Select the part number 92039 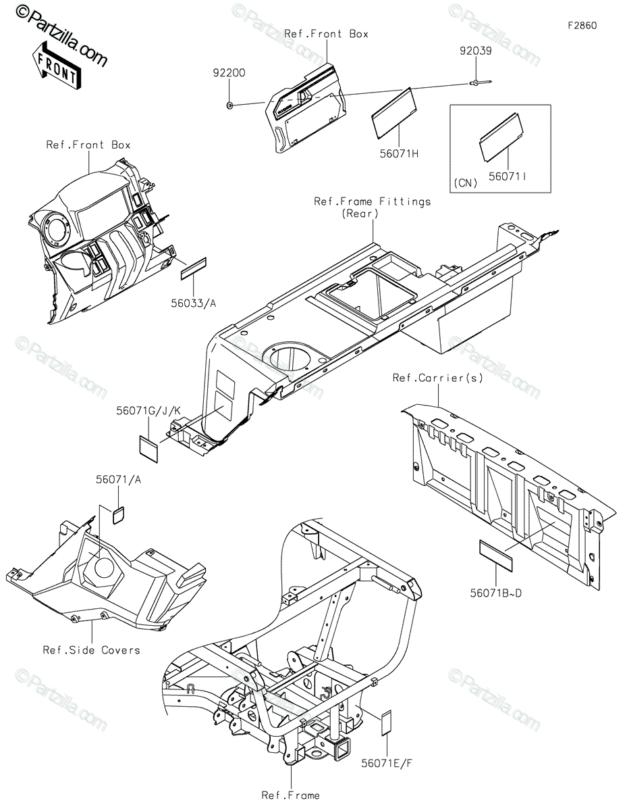[476, 50]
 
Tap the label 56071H [400, 153]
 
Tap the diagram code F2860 [581, 26]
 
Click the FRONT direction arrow [55, 64]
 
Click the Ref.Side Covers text [91, 650]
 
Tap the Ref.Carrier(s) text [438, 378]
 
